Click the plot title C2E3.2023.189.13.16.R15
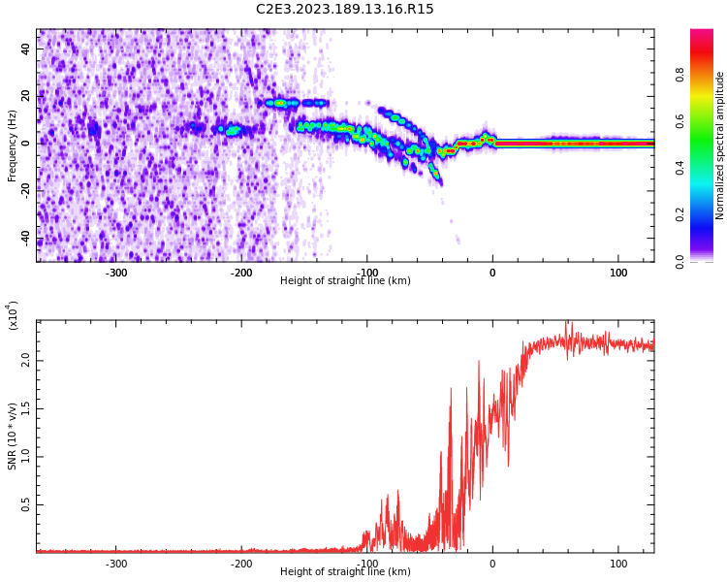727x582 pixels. pos(345,10)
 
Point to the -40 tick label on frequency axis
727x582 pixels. pos(26,238)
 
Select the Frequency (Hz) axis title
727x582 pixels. pos(13,145)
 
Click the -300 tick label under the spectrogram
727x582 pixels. pos(115,273)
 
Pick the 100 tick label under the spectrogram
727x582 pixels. pos(617,273)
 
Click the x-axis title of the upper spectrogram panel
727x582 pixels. pos(345,281)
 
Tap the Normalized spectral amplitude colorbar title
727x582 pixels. pos(720,145)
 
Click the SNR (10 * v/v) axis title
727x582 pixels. pos(13,436)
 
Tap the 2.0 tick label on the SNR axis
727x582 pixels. pos(27,360)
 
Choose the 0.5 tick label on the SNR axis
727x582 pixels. pos(27,504)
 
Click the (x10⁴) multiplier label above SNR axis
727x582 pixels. pos(13,315)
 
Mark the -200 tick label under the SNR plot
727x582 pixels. pos(241,564)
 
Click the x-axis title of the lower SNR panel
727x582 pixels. pos(345,572)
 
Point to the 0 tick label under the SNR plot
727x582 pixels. pos(492,564)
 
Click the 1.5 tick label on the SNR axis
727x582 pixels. pos(27,408)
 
